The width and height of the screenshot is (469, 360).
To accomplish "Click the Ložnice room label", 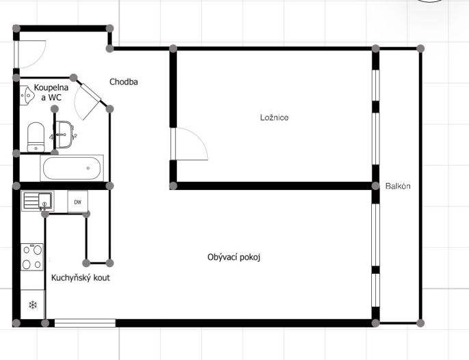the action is tap(274, 117).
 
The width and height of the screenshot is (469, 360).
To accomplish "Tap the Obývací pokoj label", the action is tap(234, 258).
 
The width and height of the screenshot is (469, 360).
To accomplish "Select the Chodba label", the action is tap(124, 82).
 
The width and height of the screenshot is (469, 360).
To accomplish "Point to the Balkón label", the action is tap(398, 186).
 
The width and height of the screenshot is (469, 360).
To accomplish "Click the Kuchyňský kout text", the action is tap(81, 278).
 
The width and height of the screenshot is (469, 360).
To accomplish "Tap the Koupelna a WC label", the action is tap(51, 92).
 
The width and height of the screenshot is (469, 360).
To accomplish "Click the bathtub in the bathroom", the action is tap(72, 168).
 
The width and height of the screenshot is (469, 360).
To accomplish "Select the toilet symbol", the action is tap(36, 137).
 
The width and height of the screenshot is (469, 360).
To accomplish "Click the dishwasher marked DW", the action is tap(78, 202).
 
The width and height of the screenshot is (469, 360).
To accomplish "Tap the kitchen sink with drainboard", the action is tap(38, 201).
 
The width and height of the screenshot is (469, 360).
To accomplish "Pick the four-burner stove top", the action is tap(32, 257).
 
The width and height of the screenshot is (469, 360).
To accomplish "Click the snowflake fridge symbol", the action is tap(33, 305).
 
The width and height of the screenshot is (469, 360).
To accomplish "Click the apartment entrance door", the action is tap(29, 55).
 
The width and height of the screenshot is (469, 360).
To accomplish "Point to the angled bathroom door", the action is tap(89, 101).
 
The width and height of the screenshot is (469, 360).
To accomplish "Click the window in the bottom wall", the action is tap(85, 323).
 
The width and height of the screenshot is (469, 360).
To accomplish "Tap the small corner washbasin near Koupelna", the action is tap(27, 96).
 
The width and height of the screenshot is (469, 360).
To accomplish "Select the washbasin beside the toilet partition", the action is tap(64, 135).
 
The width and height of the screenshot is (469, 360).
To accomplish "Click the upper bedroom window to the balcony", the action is tap(376, 85).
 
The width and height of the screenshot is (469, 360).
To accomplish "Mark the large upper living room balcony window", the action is tap(376, 235).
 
